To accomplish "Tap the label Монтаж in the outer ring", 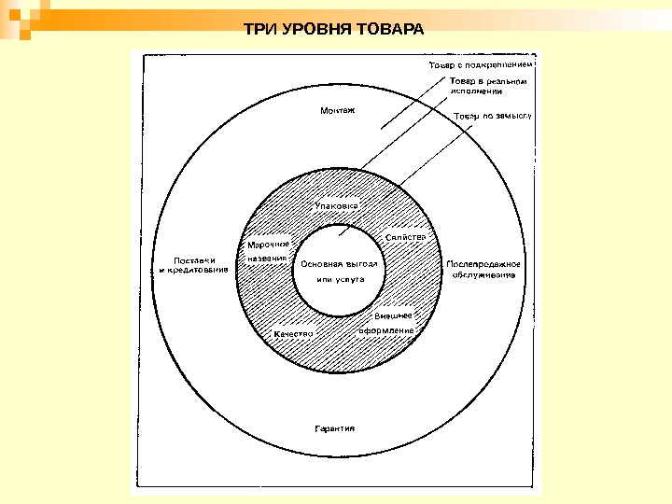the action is (x=338, y=110).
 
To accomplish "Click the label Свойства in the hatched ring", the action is (x=405, y=237).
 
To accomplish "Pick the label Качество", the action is (x=293, y=332).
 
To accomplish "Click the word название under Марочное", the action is (x=267, y=257).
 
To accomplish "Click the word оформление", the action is (x=387, y=330).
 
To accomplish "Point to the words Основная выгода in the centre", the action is (x=338, y=263).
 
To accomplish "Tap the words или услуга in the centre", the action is (x=337, y=279).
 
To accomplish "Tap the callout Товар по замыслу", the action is (x=492, y=117).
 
